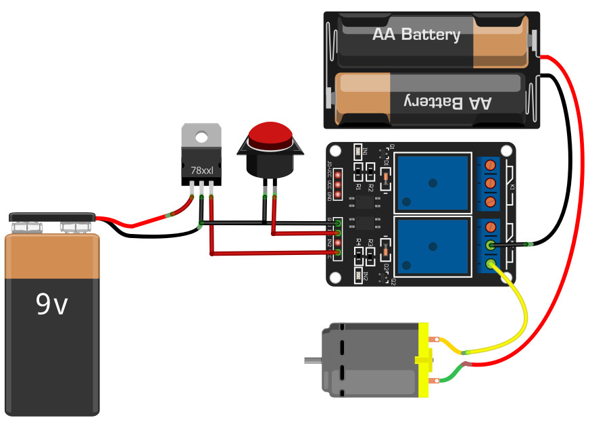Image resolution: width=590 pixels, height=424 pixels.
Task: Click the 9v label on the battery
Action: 52,305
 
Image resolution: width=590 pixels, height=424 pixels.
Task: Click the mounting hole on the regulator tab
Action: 201,137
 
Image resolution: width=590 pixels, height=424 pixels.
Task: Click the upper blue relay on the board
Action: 433,181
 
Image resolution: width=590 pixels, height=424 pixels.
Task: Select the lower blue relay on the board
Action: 433,248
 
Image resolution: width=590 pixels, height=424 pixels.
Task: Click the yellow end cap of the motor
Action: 424,360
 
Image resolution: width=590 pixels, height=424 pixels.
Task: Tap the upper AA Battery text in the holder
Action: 416,34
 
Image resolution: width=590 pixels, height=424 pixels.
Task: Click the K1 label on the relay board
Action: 512,187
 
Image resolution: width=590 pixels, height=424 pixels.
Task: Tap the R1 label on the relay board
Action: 359,186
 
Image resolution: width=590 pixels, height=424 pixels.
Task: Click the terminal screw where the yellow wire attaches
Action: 491,266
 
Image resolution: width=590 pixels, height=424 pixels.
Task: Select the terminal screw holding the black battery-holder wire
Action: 491,246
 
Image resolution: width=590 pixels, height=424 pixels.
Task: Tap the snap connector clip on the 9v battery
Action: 51,218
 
